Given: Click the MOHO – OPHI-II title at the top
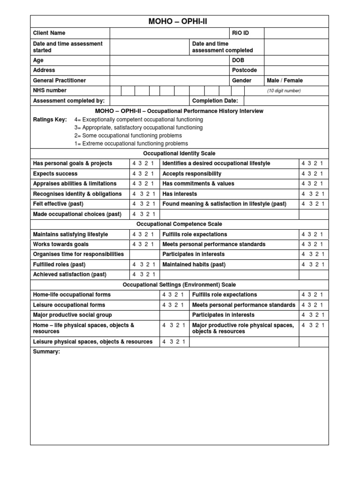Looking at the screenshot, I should tap(180, 22).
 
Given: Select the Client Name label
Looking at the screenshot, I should tap(49, 33).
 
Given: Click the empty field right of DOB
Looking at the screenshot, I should tap(296, 60).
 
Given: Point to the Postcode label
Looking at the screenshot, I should tap(244, 70).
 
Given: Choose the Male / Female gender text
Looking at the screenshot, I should tap(285, 81).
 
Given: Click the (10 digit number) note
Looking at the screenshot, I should tap(284, 91).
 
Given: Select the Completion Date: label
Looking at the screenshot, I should tap(215, 101).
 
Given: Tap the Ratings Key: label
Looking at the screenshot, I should tap(50, 120).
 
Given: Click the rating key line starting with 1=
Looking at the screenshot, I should tap(131, 144).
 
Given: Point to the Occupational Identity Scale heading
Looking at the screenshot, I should tap(180, 154).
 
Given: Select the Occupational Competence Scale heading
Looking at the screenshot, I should tap(180, 225).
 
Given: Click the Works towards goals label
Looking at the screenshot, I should tap(60, 245).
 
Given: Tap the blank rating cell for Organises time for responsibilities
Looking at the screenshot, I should tap(144, 255).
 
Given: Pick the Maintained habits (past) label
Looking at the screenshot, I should tap(194, 265).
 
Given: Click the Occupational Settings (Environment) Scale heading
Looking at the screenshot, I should tap(180, 285).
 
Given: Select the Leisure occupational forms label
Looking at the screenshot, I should tap(69, 305).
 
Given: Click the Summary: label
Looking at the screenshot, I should tap(46, 352).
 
